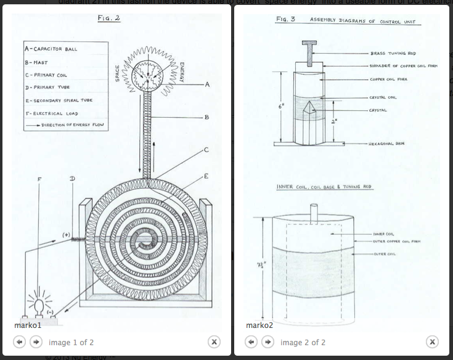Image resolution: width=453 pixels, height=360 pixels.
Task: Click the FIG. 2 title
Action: (x=109, y=18)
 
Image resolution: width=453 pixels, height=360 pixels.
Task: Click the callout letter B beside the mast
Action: (x=206, y=117)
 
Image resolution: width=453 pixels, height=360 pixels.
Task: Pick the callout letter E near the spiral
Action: (x=206, y=176)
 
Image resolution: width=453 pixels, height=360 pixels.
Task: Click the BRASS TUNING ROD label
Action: (x=386, y=54)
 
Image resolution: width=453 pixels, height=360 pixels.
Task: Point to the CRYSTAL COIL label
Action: (x=383, y=97)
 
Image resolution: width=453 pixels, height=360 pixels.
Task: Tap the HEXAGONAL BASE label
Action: (x=386, y=143)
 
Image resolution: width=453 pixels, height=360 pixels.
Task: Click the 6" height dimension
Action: (x=282, y=106)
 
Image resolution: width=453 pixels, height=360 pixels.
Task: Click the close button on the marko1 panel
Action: (x=214, y=342)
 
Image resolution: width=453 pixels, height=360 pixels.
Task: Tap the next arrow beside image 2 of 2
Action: (x=268, y=342)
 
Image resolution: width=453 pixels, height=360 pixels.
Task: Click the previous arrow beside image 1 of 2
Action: (x=20, y=342)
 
